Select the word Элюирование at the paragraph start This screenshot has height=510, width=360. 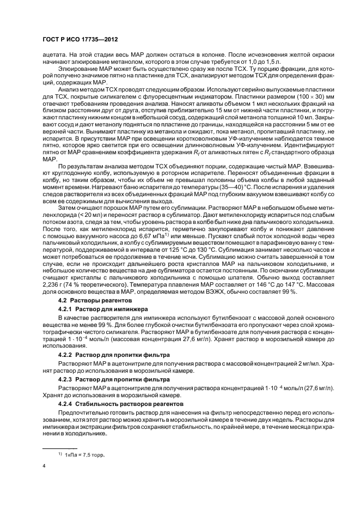(x=78, y=70)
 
